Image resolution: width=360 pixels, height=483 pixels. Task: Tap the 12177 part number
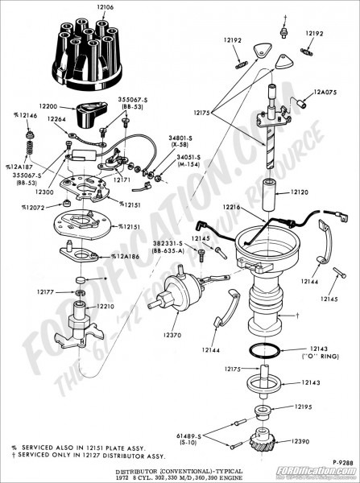pos(46,291)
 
